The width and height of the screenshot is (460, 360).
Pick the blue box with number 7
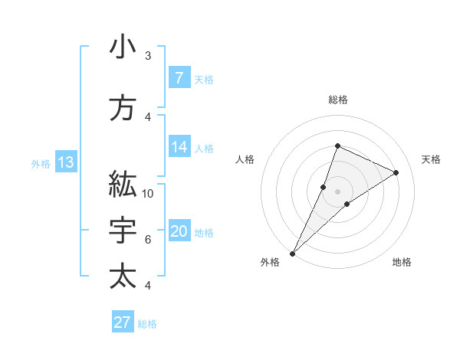click(x=179, y=77)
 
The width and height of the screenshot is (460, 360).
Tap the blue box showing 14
click(x=179, y=147)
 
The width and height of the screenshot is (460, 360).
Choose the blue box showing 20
click(x=179, y=231)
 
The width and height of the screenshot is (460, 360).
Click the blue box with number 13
click(x=66, y=162)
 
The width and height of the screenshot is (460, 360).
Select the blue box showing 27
click(x=123, y=322)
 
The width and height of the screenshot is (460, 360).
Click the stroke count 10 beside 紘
click(x=148, y=193)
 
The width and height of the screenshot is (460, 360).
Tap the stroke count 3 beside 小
click(x=148, y=56)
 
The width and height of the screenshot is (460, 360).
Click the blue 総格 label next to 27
click(x=147, y=324)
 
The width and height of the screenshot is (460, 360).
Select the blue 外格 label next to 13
click(x=41, y=163)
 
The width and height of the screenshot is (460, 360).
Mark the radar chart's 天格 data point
click(x=396, y=172)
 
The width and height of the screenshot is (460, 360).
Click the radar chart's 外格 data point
click(x=292, y=253)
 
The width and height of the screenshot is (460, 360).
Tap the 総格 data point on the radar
click(x=337, y=146)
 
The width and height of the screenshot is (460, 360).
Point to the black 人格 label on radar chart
click(x=245, y=159)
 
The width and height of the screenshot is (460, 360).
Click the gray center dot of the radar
click(x=337, y=191)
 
